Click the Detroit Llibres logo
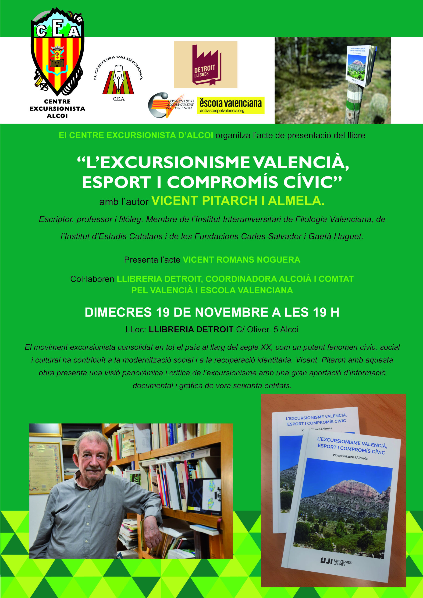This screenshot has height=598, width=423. [x=206, y=65]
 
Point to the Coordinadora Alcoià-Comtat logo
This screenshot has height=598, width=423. [x=171, y=105]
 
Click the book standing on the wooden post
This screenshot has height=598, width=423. [x=362, y=66]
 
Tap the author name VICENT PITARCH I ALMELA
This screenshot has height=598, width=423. [x=238, y=201]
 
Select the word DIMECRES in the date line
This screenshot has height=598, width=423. [x=118, y=313]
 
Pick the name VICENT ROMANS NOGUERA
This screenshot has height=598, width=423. [x=242, y=260]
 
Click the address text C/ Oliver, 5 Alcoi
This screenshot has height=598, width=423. [x=267, y=330]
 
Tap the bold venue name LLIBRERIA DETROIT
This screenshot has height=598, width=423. [x=191, y=330]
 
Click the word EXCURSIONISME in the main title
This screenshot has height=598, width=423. [x=168, y=163]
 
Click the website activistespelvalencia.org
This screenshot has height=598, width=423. [x=222, y=111]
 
